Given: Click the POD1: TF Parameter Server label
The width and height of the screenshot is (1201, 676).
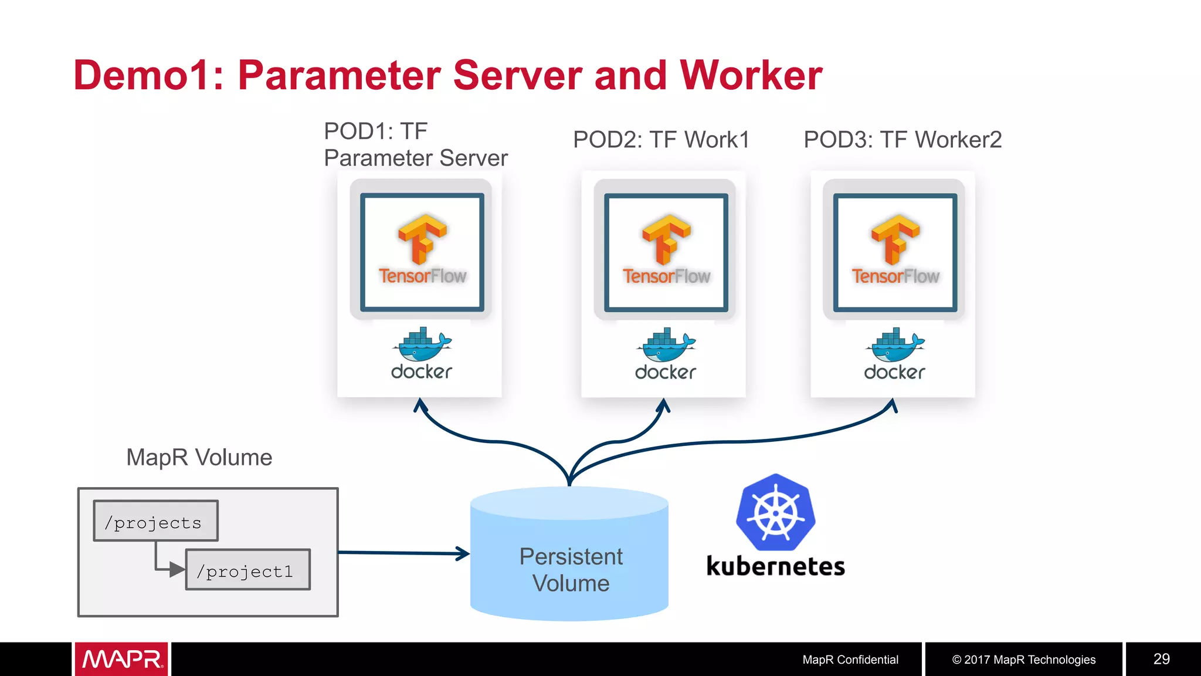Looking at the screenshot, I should pyautogui.click(x=415, y=144).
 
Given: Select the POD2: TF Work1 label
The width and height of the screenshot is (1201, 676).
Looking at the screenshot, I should pyautogui.click(x=661, y=140).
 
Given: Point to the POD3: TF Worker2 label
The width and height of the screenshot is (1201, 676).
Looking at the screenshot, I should pyautogui.click(x=902, y=140).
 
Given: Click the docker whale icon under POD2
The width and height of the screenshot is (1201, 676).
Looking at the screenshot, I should pyautogui.click(x=666, y=345).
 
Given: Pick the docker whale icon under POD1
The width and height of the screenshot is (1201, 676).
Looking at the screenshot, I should pyautogui.click(x=422, y=345).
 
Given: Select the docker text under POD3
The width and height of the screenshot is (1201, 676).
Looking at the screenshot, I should pyautogui.click(x=894, y=372).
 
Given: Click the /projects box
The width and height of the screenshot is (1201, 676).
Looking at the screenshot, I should pyautogui.click(x=155, y=521).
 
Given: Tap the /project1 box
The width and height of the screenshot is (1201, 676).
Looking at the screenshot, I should pyautogui.click(x=247, y=570).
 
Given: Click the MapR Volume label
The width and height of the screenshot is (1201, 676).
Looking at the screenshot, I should pyautogui.click(x=199, y=457).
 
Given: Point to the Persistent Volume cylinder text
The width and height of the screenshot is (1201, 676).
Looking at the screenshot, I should pyautogui.click(x=570, y=570).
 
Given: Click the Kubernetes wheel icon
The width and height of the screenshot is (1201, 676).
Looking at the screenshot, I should pyautogui.click(x=775, y=512).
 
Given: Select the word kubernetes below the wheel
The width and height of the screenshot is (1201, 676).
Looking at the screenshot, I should pyautogui.click(x=775, y=566).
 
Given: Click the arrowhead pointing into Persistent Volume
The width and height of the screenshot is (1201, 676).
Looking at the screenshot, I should pyautogui.click(x=463, y=553).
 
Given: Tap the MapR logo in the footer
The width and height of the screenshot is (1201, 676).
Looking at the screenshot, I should pyautogui.click(x=121, y=659).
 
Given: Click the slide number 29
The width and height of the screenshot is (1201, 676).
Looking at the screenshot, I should pyautogui.click(x=1161, y=659).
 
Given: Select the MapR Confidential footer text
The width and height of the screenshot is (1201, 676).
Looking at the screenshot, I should pyautogui.click(x=850, y=660).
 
